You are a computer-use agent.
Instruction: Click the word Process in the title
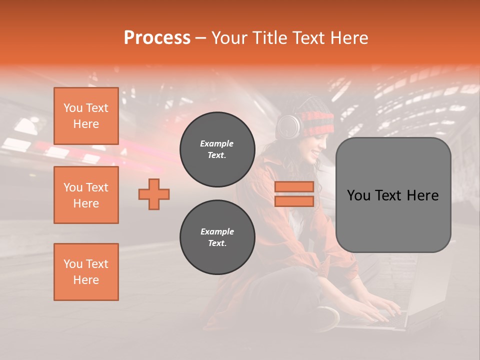coord(157,38)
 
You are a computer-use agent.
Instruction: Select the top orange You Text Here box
coord(86,116)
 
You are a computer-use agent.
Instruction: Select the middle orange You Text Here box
coord(86,195)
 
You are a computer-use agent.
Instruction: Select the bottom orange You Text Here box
coord(86,272)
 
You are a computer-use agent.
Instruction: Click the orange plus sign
coord(154,194)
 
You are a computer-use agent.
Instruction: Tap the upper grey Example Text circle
coord(217,149)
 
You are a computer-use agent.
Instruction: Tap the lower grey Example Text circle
coord(217,237)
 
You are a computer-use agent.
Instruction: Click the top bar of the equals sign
coord(294,186)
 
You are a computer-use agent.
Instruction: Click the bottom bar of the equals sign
coord(294,201)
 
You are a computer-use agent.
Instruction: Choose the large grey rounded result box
coord(393,195)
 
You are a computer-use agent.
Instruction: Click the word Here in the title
coord(348,38)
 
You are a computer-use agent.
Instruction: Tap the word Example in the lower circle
coord(217,231)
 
